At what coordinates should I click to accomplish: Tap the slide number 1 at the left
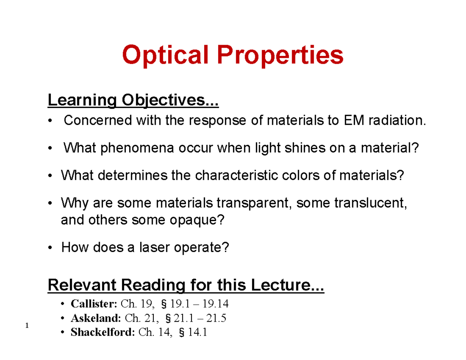[27, 325]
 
